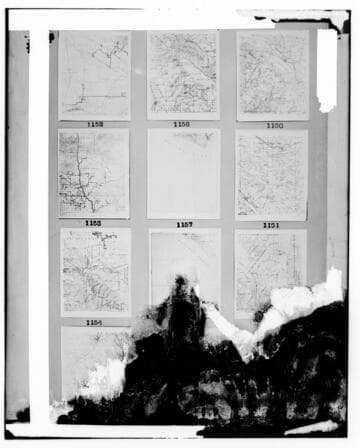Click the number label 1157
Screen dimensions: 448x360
(x=184, y=225)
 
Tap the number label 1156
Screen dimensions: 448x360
(x=182, y=125)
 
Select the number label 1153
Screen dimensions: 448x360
(x=93, y=224)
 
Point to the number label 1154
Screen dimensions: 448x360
(x=94, y=323)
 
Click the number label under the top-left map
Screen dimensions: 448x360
(x=94, y=125)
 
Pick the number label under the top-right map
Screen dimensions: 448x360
(x=273, y=126)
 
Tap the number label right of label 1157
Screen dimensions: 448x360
(x=271, y=225)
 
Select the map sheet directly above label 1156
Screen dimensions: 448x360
(x=183, y=75)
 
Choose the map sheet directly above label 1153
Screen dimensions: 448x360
(x=94, y=173)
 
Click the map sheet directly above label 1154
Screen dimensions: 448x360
(x=95, y=272)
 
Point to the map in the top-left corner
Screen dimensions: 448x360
(x=94, y=75)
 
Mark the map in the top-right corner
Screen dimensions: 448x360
(x=273, y=75)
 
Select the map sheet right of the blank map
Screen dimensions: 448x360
(x=272, y=174)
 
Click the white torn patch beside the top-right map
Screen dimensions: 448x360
(x=327, y=70)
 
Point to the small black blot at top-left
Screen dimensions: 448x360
(x=51, y=38)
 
